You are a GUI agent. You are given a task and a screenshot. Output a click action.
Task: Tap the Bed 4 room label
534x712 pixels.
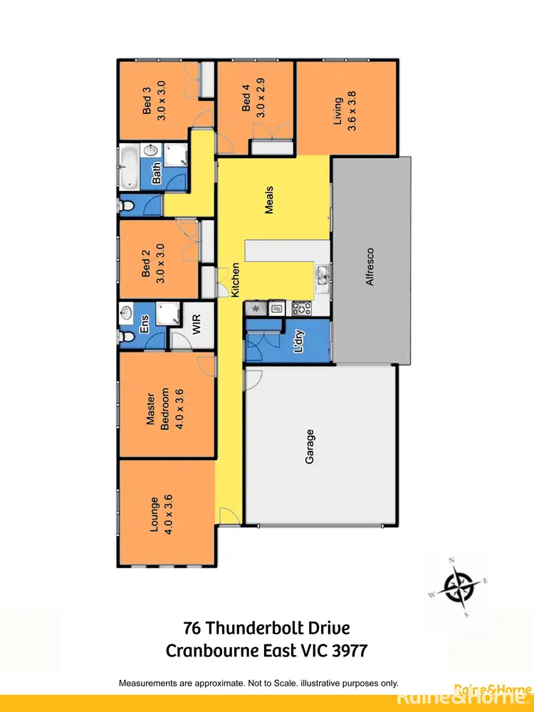coord(253,100)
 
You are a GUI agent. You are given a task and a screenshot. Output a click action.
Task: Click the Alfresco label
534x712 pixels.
coord(370,266)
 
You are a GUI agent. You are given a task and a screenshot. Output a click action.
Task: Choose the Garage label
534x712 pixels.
coord(310,446)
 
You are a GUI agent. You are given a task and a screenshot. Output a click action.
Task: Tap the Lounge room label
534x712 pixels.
coord(161,514)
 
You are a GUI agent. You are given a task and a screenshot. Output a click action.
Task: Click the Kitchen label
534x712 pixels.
coord(234,280)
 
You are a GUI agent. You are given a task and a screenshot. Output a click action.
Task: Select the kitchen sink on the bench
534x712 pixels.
coord(323,273)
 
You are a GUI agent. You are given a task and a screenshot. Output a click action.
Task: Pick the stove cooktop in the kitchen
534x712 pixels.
coord(300,308)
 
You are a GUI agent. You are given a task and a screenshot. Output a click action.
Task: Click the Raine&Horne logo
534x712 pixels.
coord(492,689)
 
